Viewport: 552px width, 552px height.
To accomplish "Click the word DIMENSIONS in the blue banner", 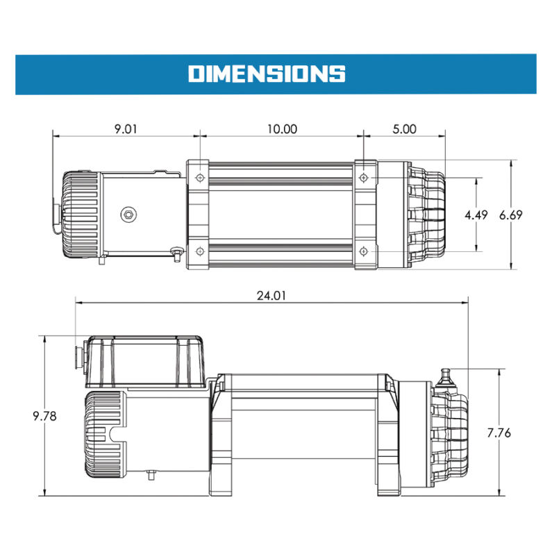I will point(267,73).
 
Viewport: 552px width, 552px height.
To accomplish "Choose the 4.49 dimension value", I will point(476,215).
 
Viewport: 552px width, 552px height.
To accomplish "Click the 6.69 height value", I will point(511,215).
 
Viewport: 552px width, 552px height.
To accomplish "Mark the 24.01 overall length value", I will point(271,294).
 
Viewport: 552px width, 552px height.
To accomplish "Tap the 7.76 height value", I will point(499,433).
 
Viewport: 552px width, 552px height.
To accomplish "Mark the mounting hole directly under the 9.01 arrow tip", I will point(200,178).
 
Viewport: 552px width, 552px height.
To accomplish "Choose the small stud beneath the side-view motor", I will point(151,476).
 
